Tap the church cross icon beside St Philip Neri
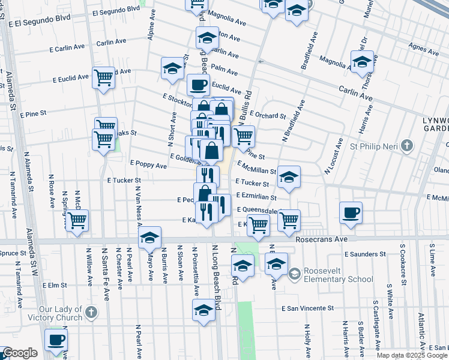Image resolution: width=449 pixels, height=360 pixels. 408,146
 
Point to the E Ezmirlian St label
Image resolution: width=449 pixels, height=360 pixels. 256,196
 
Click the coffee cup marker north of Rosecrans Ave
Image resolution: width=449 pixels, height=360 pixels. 351,212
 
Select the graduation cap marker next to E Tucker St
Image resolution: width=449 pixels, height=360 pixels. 289,176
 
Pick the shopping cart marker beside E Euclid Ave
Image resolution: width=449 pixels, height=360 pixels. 104,77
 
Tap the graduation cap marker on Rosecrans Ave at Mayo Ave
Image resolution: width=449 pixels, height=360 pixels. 149,238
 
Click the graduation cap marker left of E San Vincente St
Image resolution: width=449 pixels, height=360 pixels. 204,310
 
